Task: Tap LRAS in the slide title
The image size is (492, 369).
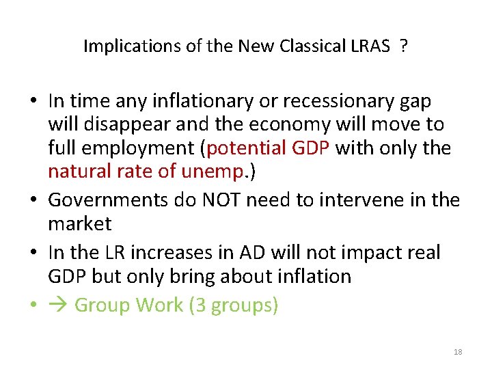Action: coord(372,46)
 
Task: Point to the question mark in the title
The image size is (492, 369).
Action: coord(405,46)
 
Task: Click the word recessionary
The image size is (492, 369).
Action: coord(331,101)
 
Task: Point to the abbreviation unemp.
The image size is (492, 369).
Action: coord(214,170)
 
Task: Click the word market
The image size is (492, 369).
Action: coord(80,223)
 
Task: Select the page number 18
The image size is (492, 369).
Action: coord(458,352)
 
